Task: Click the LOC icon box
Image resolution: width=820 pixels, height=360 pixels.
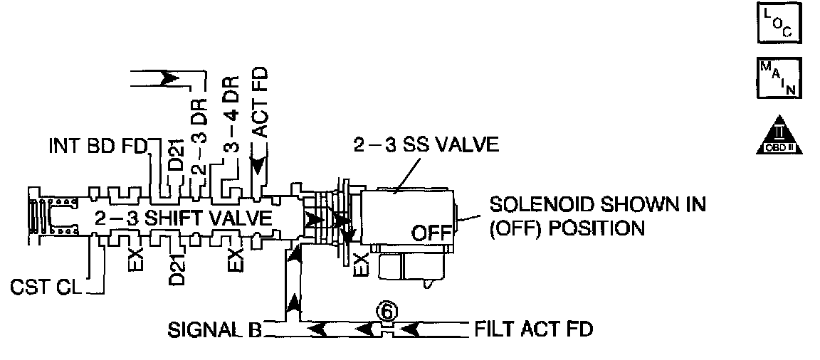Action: pyautogui.click(x=782, y=24)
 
